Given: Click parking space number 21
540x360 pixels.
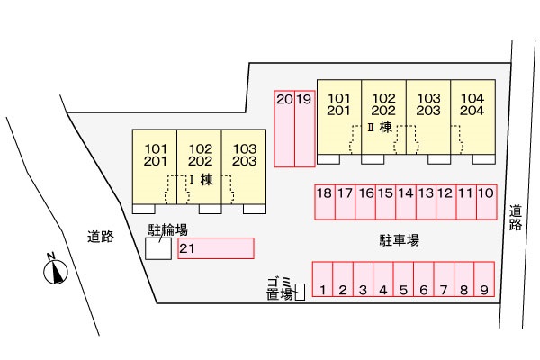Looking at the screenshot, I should click(x=216, y=247).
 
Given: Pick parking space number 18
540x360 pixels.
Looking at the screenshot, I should click(x=324, y=202).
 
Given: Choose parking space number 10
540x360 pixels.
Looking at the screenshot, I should click(x=486, y=202).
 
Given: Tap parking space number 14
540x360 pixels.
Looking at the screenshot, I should click(x=405, y=202).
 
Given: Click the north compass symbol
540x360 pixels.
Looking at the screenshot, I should click(x=57, y=270).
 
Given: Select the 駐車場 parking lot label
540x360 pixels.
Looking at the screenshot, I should click(x=400, y=240).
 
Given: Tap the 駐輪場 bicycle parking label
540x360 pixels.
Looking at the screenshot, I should click(x=167, y=230).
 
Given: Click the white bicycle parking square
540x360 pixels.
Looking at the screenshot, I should click(x=158, y=248).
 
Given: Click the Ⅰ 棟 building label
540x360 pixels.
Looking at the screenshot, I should click(x=200, y=179).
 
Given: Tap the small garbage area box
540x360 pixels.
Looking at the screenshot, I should click(x=301, y=290).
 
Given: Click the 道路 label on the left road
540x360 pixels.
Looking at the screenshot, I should click(x=101, y=238).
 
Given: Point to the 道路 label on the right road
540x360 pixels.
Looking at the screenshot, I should click(x=515, y=218).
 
